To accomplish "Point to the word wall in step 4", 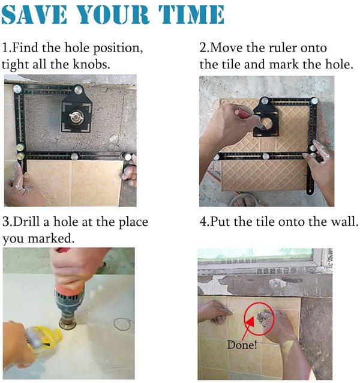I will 343,222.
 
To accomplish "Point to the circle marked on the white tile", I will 122,324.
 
